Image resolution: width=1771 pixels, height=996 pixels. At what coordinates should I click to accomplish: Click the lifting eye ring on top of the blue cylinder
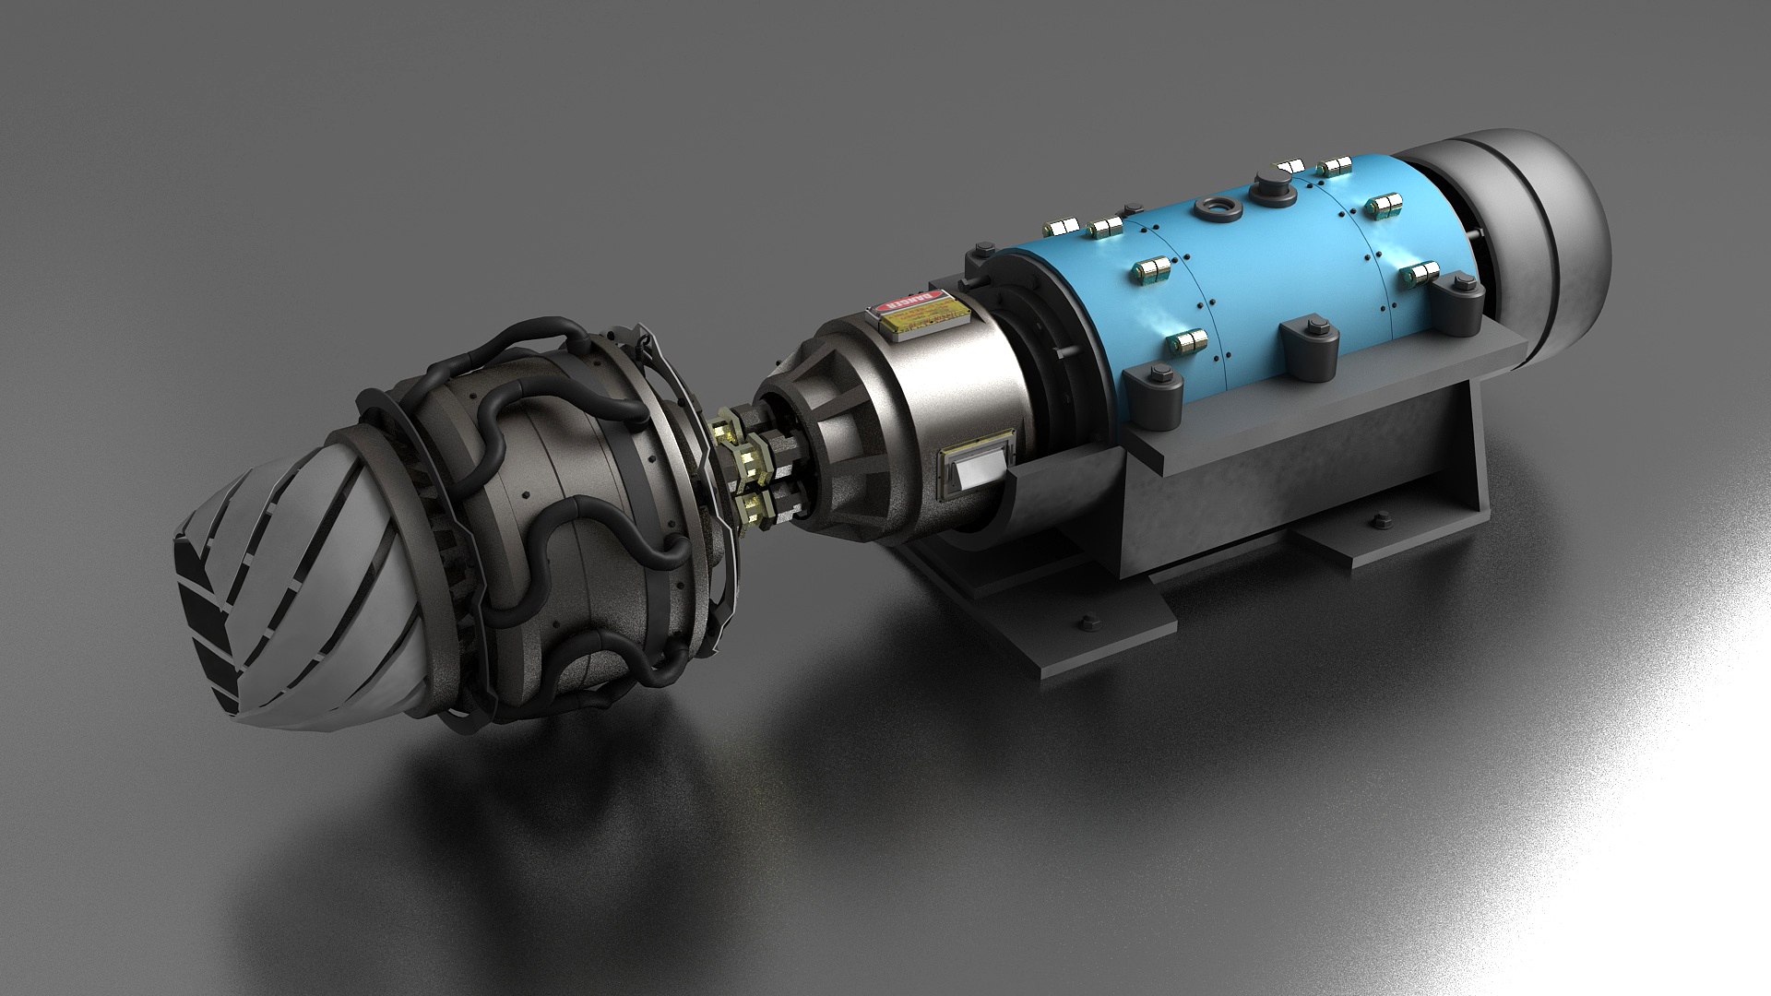tap(1211, 210)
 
